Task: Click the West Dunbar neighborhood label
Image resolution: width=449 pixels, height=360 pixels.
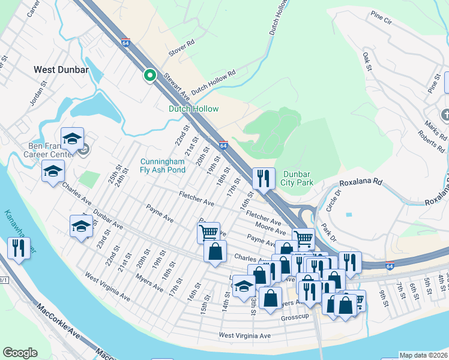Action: [61, 70]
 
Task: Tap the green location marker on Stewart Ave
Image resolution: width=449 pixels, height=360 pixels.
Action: [149, 76]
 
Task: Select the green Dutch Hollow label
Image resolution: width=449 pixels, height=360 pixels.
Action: [193, 109]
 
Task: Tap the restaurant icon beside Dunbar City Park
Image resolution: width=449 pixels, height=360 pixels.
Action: [264, 178]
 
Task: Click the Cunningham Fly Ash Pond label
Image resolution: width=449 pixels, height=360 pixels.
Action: [163, 166]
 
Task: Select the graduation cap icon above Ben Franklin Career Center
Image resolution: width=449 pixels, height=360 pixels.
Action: [72, 139]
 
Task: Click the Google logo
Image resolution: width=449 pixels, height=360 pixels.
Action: [20, 353]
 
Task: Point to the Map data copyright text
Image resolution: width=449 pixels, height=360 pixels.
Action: [423, 355]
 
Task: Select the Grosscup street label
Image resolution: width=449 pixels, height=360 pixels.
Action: [294, 317]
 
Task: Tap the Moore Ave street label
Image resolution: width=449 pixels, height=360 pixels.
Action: [270, 227]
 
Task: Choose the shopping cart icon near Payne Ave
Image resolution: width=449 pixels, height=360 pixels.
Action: [208, 232]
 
